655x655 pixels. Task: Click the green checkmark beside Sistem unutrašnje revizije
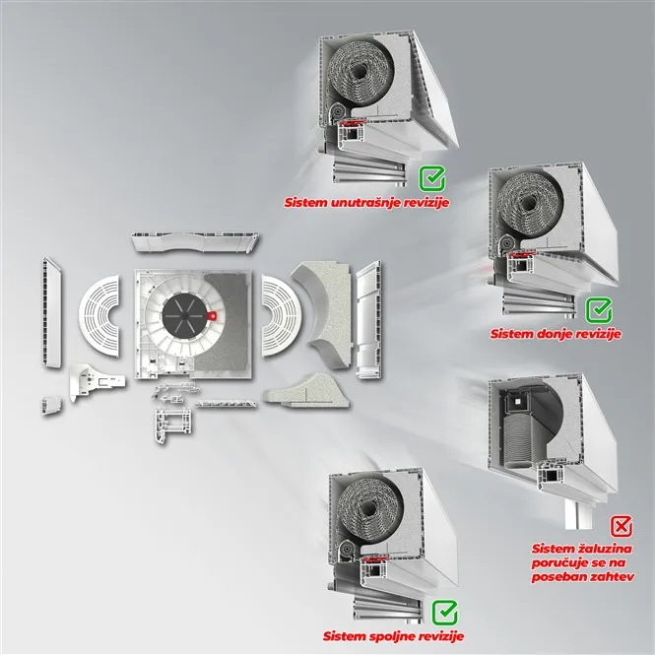pos(432,178)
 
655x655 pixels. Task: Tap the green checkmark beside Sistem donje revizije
pos(599,310)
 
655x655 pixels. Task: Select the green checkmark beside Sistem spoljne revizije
pos(445,613)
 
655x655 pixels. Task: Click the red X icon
pos(622,526)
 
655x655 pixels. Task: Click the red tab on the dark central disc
pos(212,315)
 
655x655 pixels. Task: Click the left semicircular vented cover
pos(100,315)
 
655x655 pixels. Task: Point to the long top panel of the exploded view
pos(195,243)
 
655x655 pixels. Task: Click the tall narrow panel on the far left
pos(52,312)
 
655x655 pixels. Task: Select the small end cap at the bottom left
pos(51,405)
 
